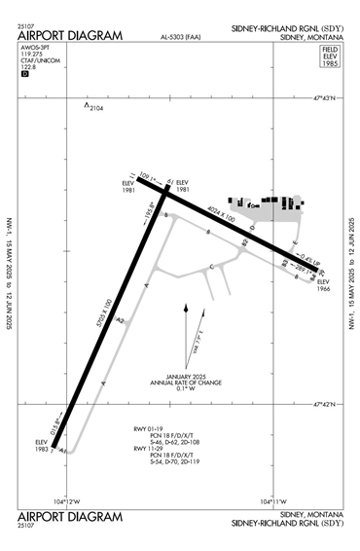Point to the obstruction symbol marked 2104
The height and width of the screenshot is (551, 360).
[87, 105]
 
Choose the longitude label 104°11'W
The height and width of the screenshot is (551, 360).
[274, 501]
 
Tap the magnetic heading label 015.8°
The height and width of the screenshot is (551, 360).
[54, 429]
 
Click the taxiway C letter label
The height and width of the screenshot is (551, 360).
[212, 266]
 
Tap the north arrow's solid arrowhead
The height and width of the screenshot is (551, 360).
[185, 310]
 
